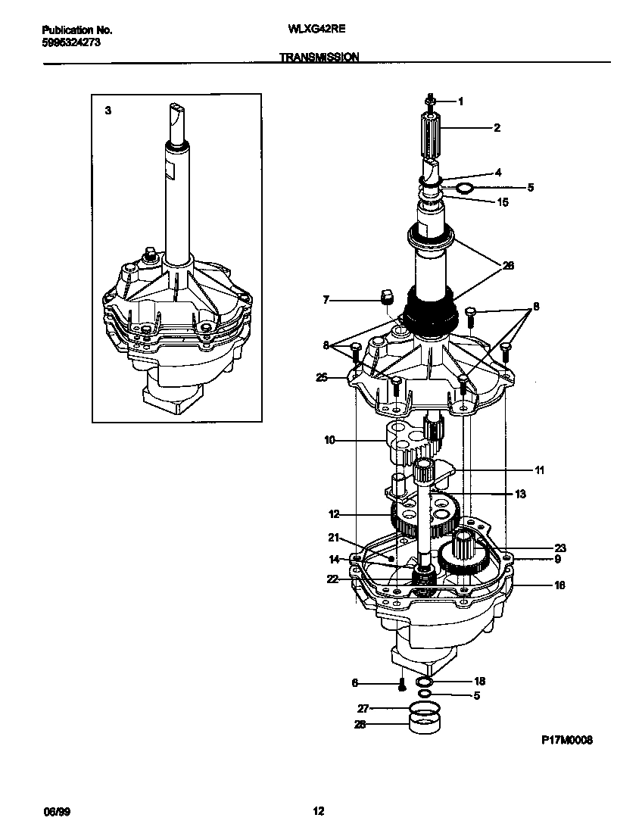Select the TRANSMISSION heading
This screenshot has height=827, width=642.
tap(319, 57)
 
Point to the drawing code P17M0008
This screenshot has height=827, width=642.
tap(566, 741)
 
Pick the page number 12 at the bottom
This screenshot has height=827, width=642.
tap(319, 811)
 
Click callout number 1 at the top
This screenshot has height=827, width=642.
tap(460, 101)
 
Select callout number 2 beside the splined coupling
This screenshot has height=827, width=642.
tap(497, 128)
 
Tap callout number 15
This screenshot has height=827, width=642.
tap(503, 202)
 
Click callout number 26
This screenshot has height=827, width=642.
tap(508, 265)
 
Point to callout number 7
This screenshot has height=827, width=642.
tap(326, 300)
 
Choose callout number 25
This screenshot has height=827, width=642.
tap(322, 376)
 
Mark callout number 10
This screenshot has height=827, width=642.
tap(329, 439)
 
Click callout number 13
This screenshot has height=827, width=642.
tap(520, 494)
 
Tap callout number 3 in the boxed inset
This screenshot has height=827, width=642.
tap(108, 111)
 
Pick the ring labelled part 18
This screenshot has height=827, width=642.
tap(425, 682)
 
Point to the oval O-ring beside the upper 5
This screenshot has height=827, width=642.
tap(466, 187)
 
